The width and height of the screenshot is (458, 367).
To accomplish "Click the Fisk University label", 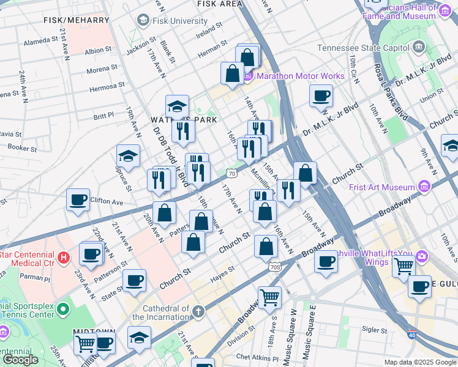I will tap(180, 21).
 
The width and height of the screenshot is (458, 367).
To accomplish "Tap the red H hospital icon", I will tap(64, 258).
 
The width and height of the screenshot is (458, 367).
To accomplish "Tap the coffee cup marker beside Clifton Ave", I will tap(78, 199).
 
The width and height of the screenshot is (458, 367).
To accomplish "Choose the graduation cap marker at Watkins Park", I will tap(177, 106).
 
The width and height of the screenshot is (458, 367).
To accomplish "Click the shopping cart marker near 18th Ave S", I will tap(269, 297).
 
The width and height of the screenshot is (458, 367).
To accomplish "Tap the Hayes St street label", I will tap(223, 272).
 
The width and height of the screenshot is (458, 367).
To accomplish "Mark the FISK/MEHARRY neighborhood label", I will tap(68, 20).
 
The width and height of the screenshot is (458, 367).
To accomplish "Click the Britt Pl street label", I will tap(103, 115).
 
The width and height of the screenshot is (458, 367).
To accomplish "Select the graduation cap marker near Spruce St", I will tap(128, 156).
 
